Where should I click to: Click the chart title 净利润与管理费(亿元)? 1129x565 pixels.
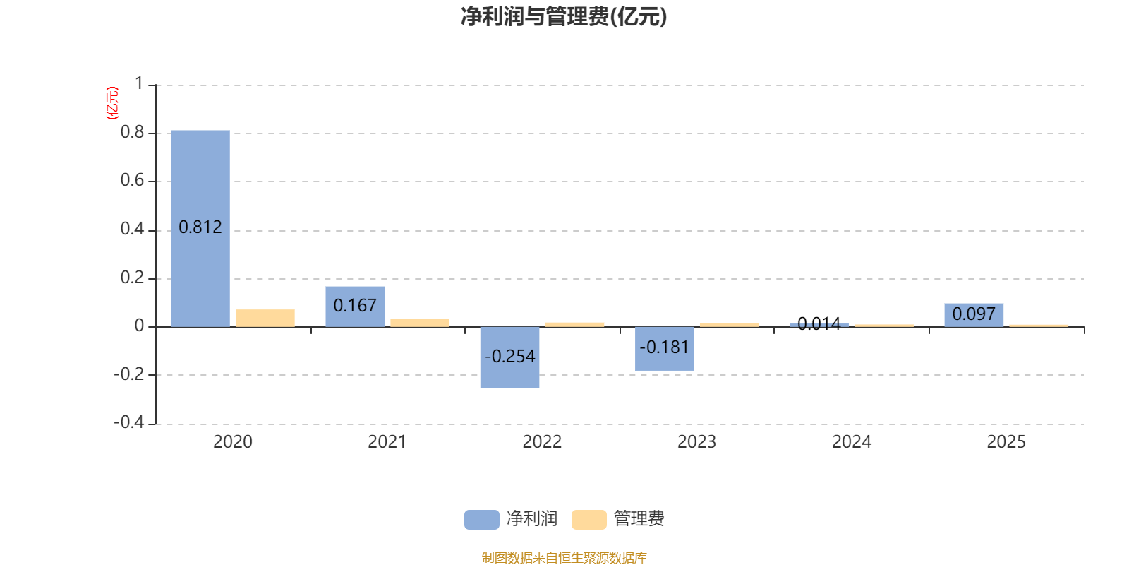(564, 17)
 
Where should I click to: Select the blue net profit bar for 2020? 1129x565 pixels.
(200, 229)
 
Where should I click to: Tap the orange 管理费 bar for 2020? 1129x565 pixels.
(265, 318)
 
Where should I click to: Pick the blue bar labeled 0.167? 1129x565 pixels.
(355, 307)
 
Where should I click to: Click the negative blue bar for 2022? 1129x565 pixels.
(509, 357)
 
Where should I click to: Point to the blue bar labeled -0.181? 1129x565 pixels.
(664, 349)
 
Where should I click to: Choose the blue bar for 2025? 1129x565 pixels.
(974, 315)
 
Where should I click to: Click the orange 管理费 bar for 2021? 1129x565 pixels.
(420, 323)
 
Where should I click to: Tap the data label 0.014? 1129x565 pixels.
(819, 323)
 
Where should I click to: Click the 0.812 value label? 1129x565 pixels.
(200, 227)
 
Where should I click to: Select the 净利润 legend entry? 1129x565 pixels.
(511, 518)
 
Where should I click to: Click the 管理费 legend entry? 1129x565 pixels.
(618, 518)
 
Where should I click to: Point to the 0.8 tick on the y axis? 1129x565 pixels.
(132, 132)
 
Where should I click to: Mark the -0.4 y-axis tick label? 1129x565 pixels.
(129, 422)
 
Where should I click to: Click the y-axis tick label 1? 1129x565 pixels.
(139, 83)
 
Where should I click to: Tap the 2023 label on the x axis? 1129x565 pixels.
(696, 442)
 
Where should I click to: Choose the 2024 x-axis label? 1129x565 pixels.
(851, 442)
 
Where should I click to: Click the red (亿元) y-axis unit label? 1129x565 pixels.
(112, 103)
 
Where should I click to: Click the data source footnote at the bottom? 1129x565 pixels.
(564, 557)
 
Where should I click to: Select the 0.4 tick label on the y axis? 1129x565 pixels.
(132, 229)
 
